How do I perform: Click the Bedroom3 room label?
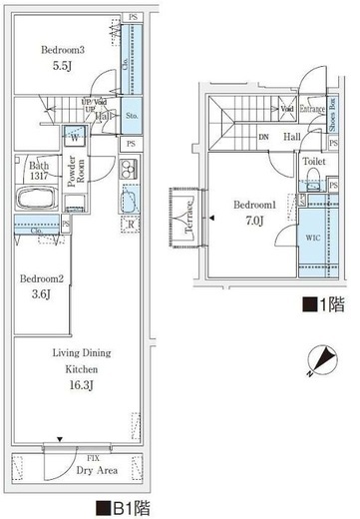coord(62,47)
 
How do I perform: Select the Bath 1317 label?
coord(40,170)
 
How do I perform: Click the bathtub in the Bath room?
coord(39,196)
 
